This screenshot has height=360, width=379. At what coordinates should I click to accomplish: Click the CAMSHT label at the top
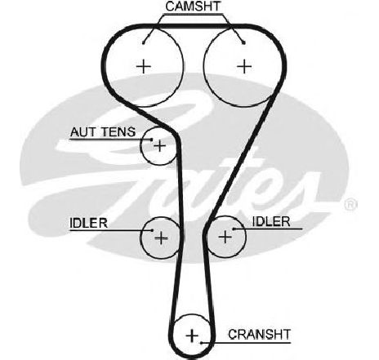coord(193,7)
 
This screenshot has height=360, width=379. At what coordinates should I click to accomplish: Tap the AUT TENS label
coord(103,132)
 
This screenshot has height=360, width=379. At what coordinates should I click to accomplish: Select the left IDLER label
coord(88,223)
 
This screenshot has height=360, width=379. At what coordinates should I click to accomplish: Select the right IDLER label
coord(271,222)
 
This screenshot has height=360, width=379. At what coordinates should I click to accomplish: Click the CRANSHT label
coord(260,335)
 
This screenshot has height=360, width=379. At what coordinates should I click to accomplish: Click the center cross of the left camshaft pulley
coord(144,66)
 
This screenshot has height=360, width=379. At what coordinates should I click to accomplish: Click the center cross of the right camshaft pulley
coord(244,66)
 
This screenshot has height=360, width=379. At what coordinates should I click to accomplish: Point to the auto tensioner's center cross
coord(160,145)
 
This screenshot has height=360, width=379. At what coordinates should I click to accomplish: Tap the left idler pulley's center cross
coord(161,238)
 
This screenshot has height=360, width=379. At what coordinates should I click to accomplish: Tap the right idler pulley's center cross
coord(225,237)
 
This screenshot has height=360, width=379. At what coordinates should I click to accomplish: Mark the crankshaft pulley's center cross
coord(192,336)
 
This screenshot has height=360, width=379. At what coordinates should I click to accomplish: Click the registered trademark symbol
coord(350,204)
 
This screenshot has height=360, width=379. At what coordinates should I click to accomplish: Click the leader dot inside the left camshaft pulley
coord(144,42)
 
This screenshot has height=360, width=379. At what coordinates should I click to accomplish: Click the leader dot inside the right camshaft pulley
coord(244,42)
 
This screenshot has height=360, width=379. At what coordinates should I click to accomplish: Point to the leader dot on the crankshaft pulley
coord(201,343)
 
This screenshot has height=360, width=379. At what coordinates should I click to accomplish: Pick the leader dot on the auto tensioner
coord(152,140)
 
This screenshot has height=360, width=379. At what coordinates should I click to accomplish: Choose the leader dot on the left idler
coord(152,230)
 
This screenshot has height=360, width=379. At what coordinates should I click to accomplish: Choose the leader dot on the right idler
coord(234,229)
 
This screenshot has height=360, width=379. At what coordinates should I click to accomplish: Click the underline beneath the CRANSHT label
coord(246,342)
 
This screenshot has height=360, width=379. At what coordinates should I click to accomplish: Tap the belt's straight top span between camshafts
coord(194,26)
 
